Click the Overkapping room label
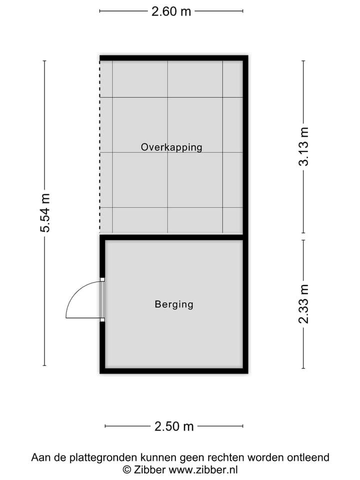point(171,147)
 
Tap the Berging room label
point(173,304)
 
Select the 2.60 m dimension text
point(171,11)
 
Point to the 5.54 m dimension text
point(45,213)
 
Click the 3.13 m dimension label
point(304,146)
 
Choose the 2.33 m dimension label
point(304,303)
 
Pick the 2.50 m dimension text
point(174,426)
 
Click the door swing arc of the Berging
point(75,295)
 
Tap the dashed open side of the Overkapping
point(100,150)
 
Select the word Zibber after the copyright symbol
point(149,469)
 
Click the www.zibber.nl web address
point(203,469)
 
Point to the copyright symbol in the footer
point(127,469)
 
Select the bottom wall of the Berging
point(173,370)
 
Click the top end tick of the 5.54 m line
point(45,61)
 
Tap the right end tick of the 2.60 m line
point(243,11)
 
